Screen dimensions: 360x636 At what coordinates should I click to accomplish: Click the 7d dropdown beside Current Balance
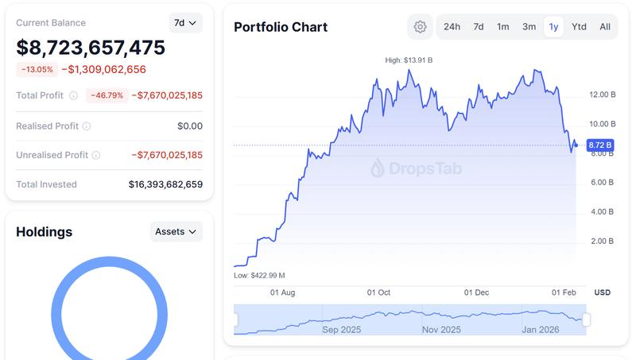tap(185, 23)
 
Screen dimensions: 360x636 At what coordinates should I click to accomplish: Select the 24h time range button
tap(452, 26)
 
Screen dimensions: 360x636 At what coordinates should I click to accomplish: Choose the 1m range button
tap(503, 26)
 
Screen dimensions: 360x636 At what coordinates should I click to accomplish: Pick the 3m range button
tap(529, 26)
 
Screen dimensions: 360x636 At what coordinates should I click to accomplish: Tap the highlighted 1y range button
tap(553, 26)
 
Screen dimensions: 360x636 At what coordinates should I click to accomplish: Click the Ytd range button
tap(579, 26)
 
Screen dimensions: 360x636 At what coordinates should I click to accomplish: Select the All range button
tap(605, 26)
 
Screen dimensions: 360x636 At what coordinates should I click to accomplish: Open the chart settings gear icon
tap(421, 26)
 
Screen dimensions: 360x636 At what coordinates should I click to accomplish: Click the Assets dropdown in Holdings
tap(176, 231)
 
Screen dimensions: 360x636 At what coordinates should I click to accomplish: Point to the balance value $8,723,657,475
tap(91, 48)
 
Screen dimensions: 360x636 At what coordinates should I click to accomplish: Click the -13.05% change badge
tap(37, 69)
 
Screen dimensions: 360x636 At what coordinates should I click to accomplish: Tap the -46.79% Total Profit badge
tap(106, 95)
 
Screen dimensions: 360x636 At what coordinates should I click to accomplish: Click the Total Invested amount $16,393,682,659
tap(165, 184)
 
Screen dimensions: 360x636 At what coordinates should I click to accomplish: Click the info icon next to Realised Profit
tap(87, 126)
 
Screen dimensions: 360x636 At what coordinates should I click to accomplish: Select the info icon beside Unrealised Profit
tap(96, 155)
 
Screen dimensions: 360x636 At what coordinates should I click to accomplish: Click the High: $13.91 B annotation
tap(409, 60)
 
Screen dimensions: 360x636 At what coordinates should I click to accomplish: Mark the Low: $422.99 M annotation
tap(259, 275)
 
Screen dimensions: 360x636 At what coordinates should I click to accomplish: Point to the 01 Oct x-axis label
tap(378, 292)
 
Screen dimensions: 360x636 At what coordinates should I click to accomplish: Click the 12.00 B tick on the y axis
tap(602, 95)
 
